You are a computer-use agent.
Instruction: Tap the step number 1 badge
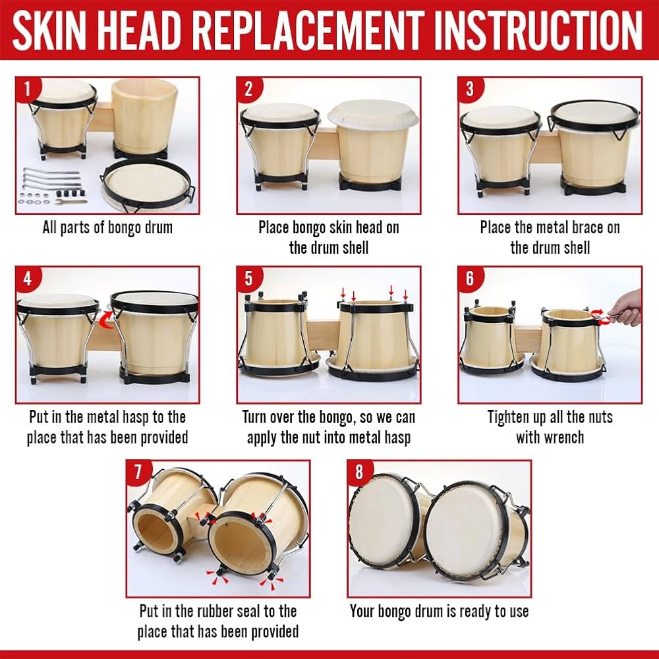tap(27, 88)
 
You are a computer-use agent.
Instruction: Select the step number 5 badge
tap(248, 278)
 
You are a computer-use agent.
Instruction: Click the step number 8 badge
tap(359, 472)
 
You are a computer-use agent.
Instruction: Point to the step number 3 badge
tap(469, 88)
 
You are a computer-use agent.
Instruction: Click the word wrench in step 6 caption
tap(559, 437)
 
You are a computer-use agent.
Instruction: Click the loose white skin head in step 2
tap(372, 117)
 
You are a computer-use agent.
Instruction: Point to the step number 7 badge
tap(138, 472)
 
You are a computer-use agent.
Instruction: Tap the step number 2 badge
tap(248, 88)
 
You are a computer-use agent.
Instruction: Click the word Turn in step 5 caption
tap(257, 417)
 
